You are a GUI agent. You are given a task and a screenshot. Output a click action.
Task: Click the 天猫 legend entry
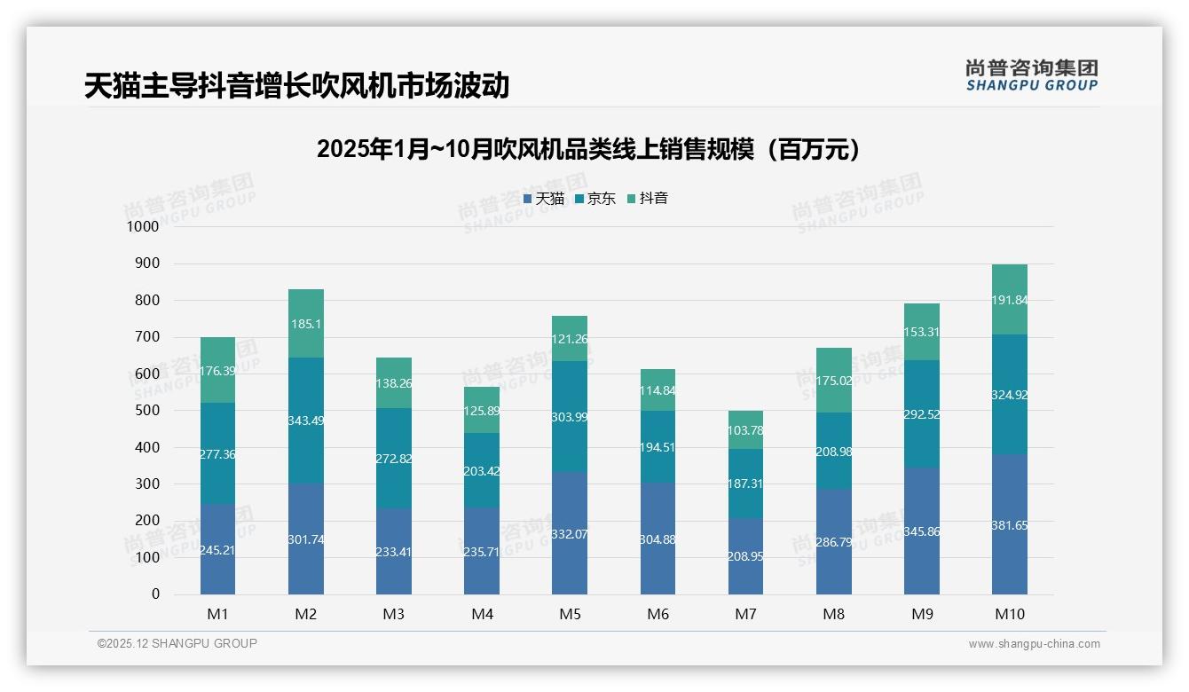click(x=544, y=199)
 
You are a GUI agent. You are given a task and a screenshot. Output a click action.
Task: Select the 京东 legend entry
click(x=595, y=199)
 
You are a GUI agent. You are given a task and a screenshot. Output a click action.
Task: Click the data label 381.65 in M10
click(x=1010, y=525)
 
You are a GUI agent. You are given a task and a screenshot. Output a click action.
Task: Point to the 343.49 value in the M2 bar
click(x=305, y=421)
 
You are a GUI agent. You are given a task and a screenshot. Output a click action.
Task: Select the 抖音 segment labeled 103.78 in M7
click(x=745, y=430)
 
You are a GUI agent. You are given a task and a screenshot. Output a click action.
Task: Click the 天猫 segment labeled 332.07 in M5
click(x=570, y=534)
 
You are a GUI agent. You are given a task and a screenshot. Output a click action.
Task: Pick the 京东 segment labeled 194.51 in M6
click(x=657, y=447)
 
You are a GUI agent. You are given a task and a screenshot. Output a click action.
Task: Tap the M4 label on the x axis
click(x=482, y=614)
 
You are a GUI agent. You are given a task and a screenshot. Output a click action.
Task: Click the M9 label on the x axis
click(x=922, y=614)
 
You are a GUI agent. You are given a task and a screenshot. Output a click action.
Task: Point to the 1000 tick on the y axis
click(x=143, y=227)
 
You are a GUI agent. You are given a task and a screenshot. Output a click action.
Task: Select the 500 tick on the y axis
click(x=147, y=411)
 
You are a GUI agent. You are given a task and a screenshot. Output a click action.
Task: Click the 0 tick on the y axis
click(x=155, y=594)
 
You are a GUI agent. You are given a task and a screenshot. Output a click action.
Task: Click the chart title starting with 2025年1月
click(x=589, y=149)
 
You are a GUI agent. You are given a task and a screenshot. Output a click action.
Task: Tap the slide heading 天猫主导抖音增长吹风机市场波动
click(x=296, y=86)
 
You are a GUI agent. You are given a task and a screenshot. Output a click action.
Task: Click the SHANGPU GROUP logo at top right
click(x=1031, y=75)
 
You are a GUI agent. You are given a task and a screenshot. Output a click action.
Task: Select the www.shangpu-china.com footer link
click(x=1034, y=644)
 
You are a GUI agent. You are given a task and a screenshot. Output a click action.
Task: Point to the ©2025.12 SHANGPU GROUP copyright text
click(x=177, y=643)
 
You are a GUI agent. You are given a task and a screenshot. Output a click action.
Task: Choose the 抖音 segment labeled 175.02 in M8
click(x=833, y=381)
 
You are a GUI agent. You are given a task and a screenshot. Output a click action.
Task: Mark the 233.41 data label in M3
click(x=394, y=552)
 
